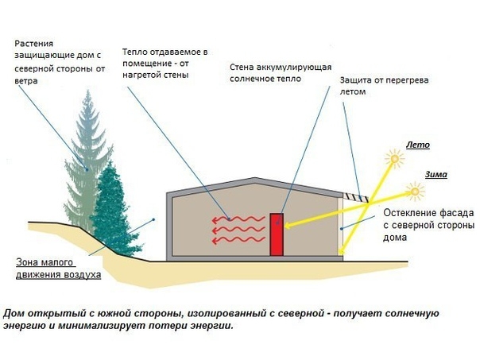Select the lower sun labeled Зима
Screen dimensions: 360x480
[414, 190]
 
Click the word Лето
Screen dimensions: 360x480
[417, 145]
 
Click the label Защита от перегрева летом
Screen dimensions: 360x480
[374, 87]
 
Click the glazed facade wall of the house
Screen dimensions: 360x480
[343, 226]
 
